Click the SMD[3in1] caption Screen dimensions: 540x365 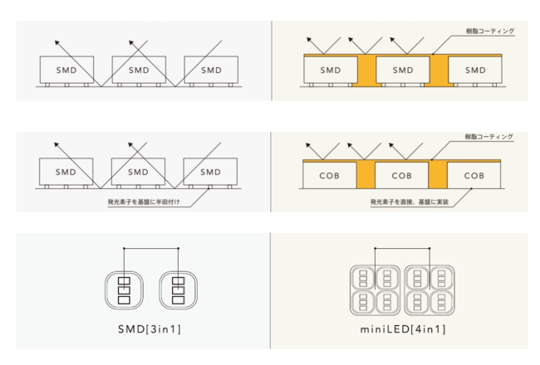[x=150, y=329]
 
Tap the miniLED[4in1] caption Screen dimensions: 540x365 [x=403, y=329]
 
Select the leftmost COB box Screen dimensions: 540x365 [x=330, y=175]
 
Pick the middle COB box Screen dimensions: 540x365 [x=401, y=175]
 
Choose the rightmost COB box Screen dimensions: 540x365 [x=474, y=175]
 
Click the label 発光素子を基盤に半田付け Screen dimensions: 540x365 [x=144, y=202]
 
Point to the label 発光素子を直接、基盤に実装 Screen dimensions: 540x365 [x=410, y=202]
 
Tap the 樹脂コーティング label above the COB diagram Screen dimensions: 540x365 [x=488, y=137]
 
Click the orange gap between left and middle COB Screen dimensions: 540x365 [x=366, y=175]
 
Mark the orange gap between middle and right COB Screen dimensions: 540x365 [x=438, y=175]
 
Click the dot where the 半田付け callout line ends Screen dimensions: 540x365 [x=209, y=188]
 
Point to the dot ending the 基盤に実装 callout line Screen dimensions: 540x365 [x=472, y=188]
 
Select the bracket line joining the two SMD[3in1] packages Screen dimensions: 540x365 [x=151, y=248]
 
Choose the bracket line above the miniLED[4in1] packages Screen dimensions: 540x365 [x=402, y=248]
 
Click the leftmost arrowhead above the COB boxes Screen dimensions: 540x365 [x=308, y=145]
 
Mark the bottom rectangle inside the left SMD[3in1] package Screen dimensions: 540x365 [x=124, y=300]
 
